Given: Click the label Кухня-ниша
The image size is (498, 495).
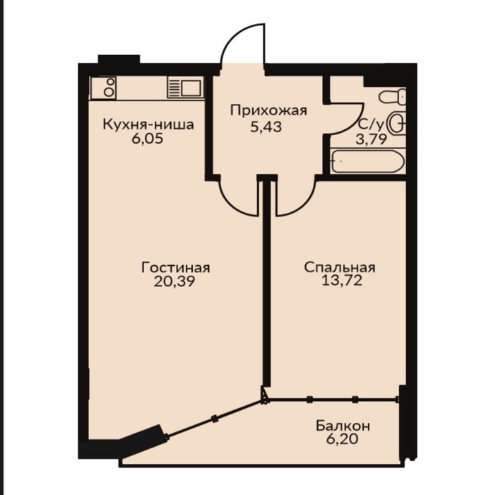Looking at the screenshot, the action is click(x=148, y=125).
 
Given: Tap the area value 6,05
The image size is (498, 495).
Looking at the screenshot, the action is click(x=148, y=139).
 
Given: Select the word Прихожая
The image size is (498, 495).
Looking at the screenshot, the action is click(x=268, y=111).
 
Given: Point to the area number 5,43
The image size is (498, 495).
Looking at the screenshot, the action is click(x=266, y=127).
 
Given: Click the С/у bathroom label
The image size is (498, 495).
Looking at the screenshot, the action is click(x=371, y=125).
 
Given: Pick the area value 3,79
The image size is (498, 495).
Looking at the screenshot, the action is click(x=372, y=139).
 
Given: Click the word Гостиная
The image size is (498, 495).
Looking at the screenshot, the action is click(x=175, y=268).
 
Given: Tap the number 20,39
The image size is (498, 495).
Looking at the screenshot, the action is click(x=174, y=281).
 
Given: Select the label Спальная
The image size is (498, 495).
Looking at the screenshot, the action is click(x=340, y=268).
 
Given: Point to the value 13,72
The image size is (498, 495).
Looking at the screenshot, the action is click(x=342, y=281).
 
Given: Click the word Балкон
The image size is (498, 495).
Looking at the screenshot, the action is click(x=343, y=426).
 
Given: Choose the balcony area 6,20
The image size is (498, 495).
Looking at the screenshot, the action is click(x=342, y=439).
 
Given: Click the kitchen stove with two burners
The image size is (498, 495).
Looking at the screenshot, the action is click(x=103, y=88).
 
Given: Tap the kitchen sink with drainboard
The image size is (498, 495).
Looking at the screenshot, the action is click(x=186, y=88).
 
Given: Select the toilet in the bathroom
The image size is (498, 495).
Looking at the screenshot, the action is click(x=393, y=96).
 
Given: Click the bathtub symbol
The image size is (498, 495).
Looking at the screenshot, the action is click(x=368, y=161).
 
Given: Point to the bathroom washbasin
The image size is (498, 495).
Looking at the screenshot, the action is click(x=398, y=123).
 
